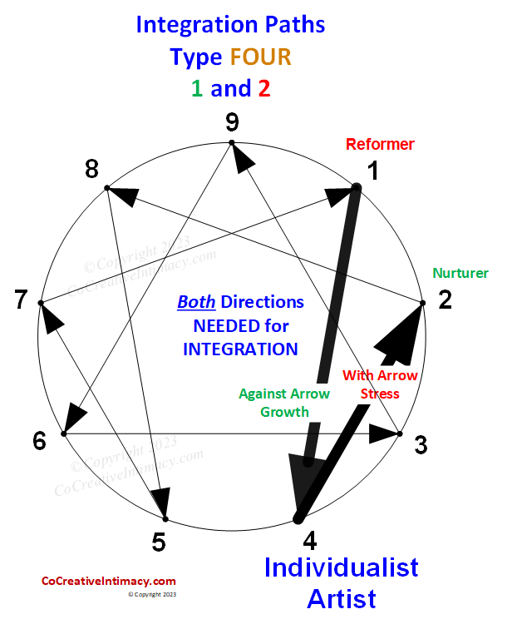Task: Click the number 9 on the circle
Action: click(x=232, y=123)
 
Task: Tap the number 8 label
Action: click(x=91, y=170)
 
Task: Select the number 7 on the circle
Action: click(x=22, y=300)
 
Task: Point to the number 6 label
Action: click(x=39, y=441)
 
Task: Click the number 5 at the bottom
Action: click(x=159, y=542)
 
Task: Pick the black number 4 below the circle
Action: click(x=309, y=541)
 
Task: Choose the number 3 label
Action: click(x=421, y=445)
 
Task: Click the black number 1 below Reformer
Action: click(x=372, y=171)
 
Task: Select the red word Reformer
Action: click(x=380, y=144)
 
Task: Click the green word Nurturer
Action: click(x=460, y=273)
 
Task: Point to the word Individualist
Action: click(x=341, y=567)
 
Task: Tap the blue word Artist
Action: click(x=341, y=598)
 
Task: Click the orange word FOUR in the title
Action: click(x=262, y=57)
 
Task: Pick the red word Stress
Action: click(x=380, y=394)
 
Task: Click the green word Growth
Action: click(x=284, y=411)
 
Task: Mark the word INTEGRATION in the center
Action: click(x=240, y=349)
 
